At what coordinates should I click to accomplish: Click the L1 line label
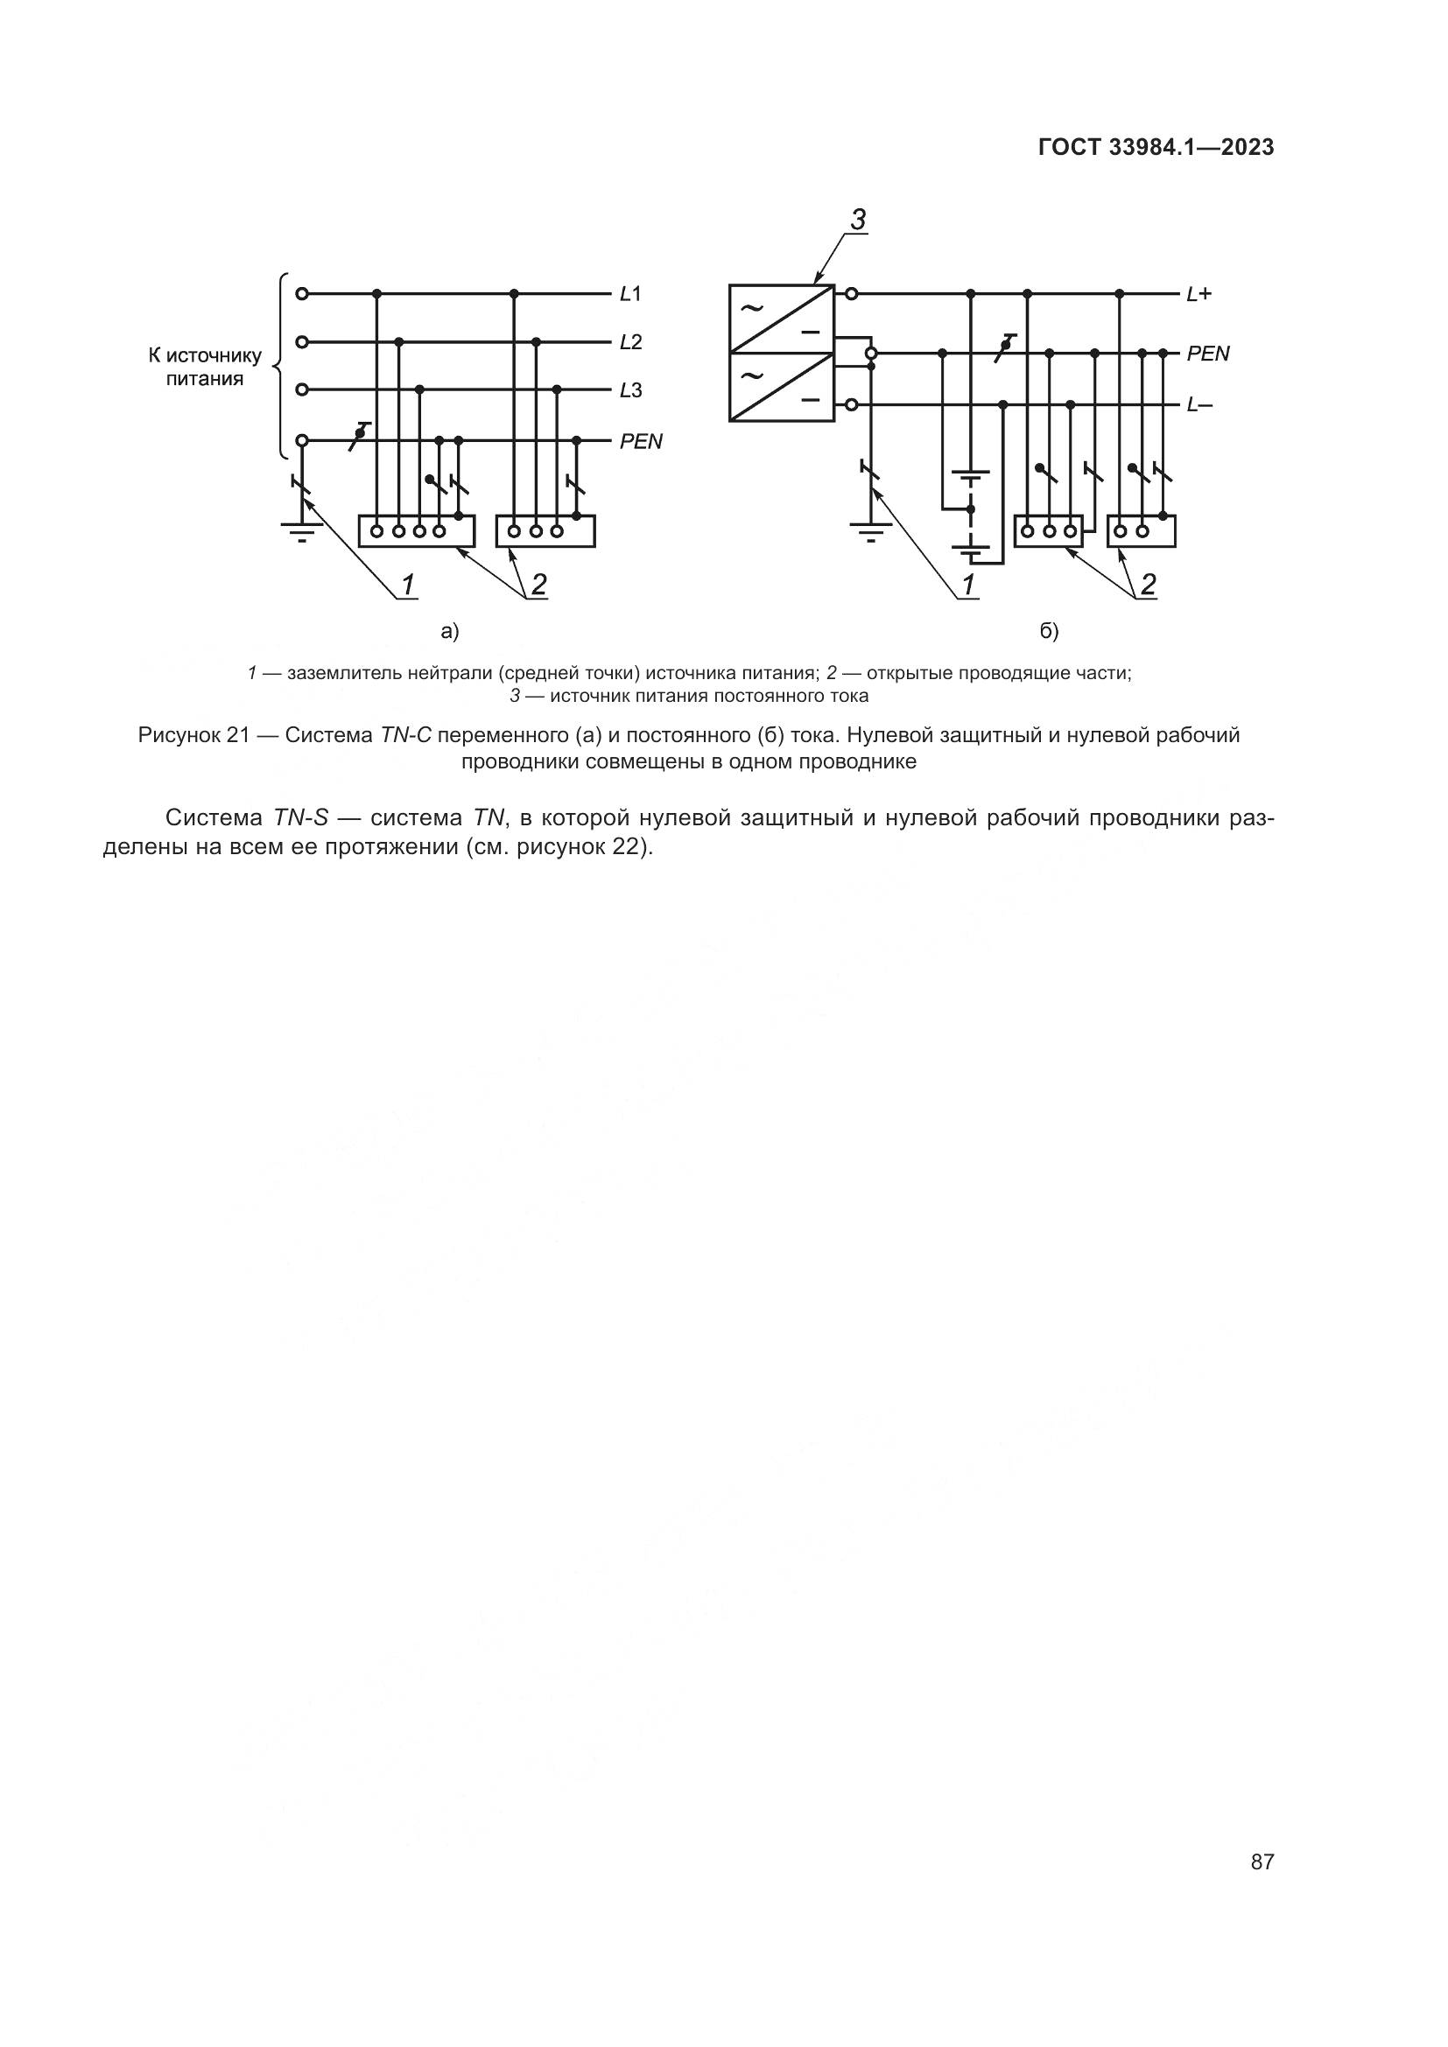(x=630, y=293)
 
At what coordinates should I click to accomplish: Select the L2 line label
(x=630, y=342)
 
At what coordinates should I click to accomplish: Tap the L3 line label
(x=630, y=390)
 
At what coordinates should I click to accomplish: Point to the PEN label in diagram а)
(x=641, y=442)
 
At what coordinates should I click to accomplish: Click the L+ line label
(x=1198, y=293)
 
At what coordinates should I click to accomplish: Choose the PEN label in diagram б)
(x=1208, y=354)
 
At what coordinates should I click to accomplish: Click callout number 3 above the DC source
(x=858, y=220)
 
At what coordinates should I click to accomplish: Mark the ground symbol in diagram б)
(x=872, y=532)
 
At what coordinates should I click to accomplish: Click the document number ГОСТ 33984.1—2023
(x=1156, y=147)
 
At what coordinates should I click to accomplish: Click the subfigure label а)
(x=449, y=632)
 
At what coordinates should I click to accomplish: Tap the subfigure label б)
(x=1049, y=632)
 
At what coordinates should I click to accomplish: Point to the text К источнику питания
(x=204, y=368)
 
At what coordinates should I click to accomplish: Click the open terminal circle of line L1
(x=302, y=293)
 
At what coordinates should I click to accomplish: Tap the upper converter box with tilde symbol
(x=781, y=319)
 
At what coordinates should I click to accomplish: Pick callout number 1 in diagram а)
(x=407, y=585)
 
